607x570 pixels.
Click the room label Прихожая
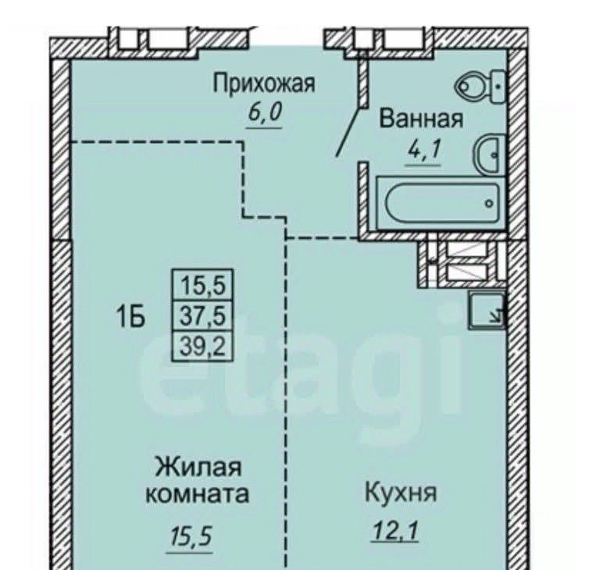(264, 84)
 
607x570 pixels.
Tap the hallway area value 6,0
(264, 112)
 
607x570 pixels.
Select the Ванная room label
(421, 119)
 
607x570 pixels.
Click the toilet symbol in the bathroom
(480, 87)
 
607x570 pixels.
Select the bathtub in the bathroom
(441, 203)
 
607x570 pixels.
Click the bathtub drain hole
(489, 203)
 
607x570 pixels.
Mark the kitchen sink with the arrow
(487, 310)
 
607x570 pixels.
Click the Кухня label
(401, 493)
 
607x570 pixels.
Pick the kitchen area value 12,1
(395, 529)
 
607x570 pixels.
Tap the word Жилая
(198, 467)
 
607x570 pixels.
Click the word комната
(197, 494)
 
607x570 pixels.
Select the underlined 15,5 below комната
(190, 536)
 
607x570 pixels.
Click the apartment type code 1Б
(130, 318)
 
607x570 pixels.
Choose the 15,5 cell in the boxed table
(203, 286)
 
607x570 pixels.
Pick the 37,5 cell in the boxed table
(203, 316)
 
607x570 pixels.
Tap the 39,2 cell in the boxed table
(203, 346)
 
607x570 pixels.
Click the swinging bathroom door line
(349, 131)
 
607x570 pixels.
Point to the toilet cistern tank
(498, 87)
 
